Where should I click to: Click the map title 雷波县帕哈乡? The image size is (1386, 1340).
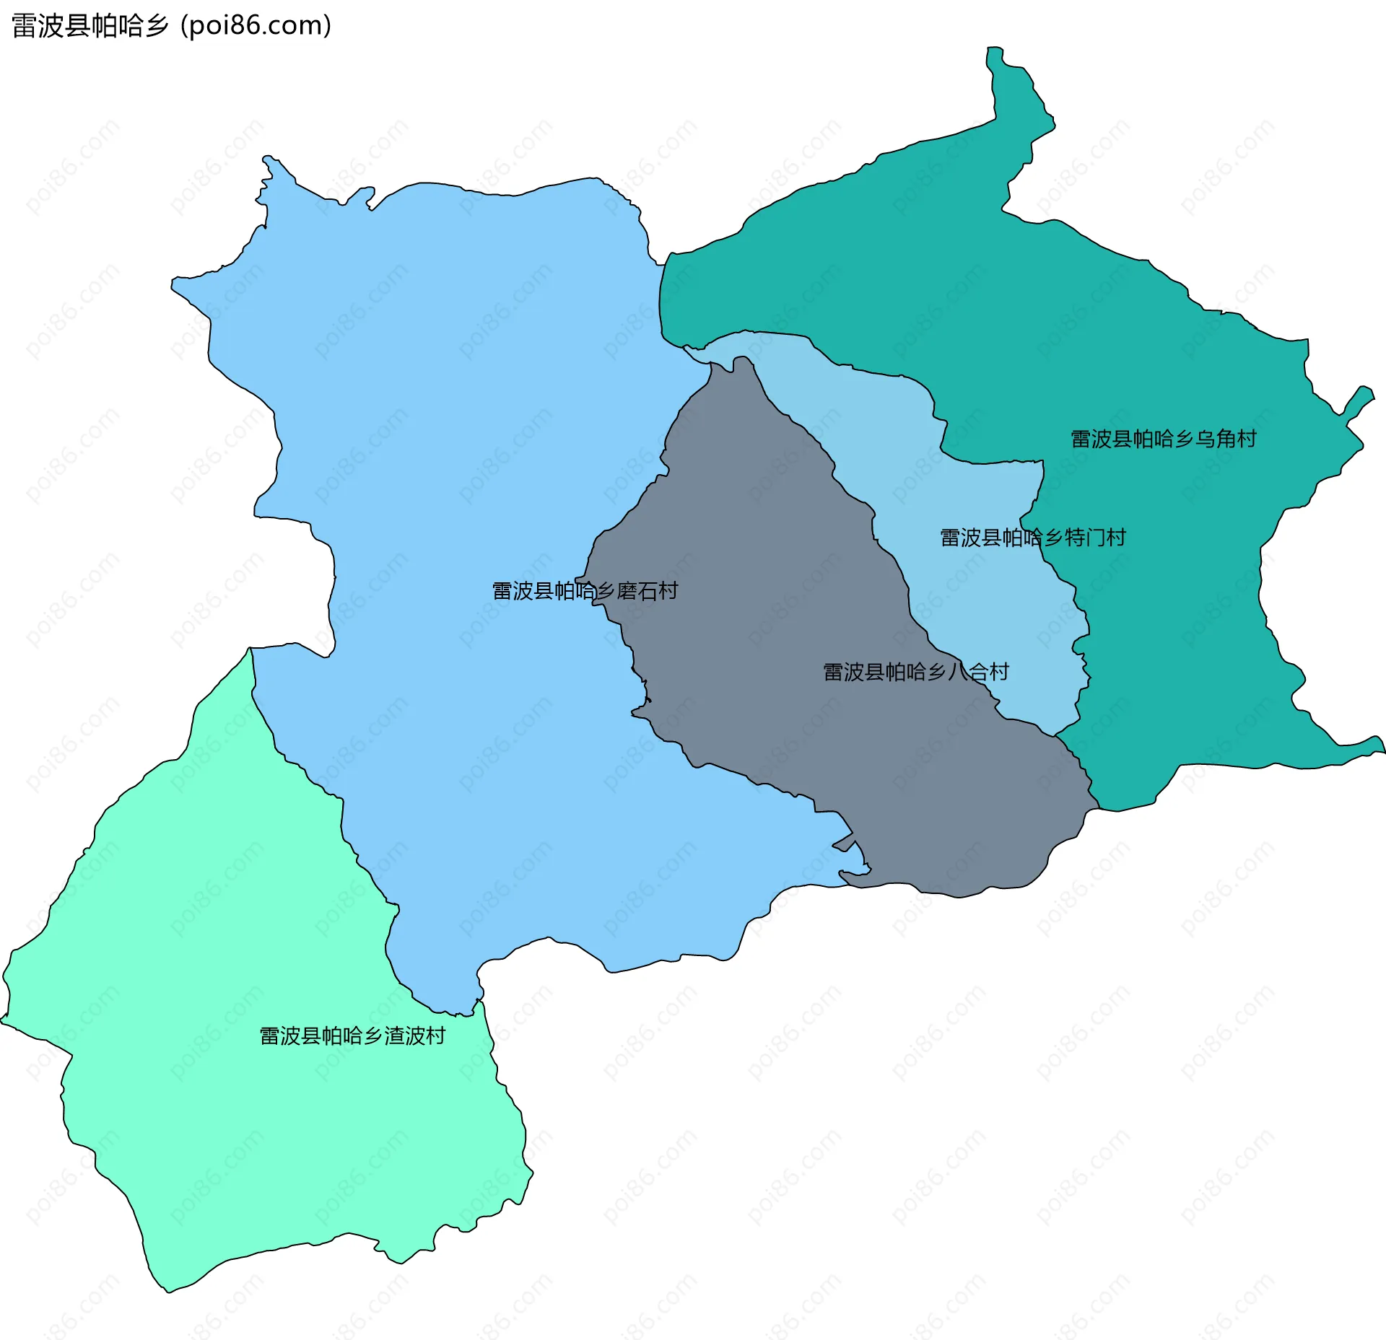pos(90,26)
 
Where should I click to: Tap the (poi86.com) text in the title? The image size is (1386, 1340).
pos(256,26)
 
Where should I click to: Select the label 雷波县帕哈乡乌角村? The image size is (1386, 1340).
pos(1163,439)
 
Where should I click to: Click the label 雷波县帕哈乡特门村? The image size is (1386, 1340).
pos(1032,538)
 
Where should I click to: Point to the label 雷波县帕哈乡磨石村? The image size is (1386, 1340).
pos(585,591)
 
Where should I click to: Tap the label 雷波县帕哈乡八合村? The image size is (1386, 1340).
pos(915,672)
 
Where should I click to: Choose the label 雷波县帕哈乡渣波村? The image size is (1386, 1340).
pos(352,1036)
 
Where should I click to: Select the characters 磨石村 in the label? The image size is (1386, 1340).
pos(648,591)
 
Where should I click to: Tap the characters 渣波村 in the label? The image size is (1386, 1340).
pos(415,1036)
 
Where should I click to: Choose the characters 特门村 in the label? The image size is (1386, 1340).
pos(1095,538)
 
